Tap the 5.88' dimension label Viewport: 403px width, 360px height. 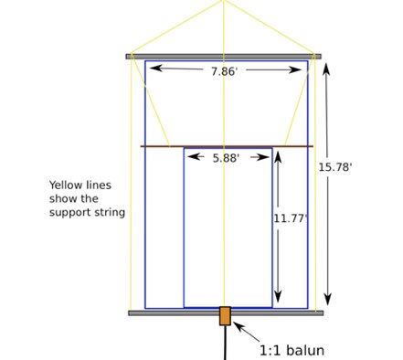(226, 158)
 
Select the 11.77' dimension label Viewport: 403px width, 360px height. (291, 218)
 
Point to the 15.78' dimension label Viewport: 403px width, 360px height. (335, 167)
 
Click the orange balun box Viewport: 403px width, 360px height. (225, 315)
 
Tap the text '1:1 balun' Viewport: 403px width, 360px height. (292, 349)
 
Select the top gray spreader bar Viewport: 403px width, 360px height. (223, 56)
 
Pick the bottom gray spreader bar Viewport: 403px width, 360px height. (225, 313)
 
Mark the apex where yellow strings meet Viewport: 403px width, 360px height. (224, 2)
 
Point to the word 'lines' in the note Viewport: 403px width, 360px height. (100, 185)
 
